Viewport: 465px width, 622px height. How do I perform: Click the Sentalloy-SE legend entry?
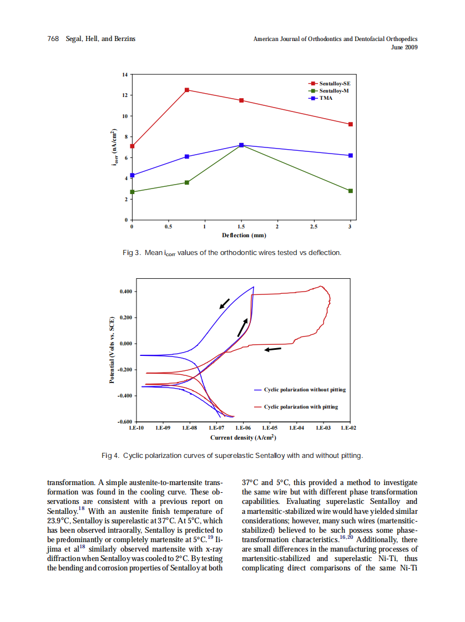point(335,83)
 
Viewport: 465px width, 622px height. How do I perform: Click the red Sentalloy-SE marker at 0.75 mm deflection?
point(187,90)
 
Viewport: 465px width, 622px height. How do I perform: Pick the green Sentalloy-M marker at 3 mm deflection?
point(350,191)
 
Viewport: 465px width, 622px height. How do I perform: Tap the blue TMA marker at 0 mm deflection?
point(132,175)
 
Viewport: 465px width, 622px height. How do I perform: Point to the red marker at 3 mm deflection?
point(350,124)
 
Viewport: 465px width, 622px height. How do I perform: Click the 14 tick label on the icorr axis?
point(125,74)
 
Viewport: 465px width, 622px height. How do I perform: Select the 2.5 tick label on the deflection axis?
point(314,227)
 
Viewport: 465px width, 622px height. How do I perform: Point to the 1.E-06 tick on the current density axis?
point(243,428)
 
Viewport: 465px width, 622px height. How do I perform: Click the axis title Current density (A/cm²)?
point(243,437)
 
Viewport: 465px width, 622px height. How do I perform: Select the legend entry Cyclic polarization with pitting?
point(300,407)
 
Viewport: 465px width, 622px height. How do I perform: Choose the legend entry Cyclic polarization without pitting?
point(304,390)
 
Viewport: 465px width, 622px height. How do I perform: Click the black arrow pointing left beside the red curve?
point(272,349)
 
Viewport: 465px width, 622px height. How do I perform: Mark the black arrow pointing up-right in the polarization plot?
point(242,328)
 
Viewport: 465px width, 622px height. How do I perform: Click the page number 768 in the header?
point(53,39)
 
